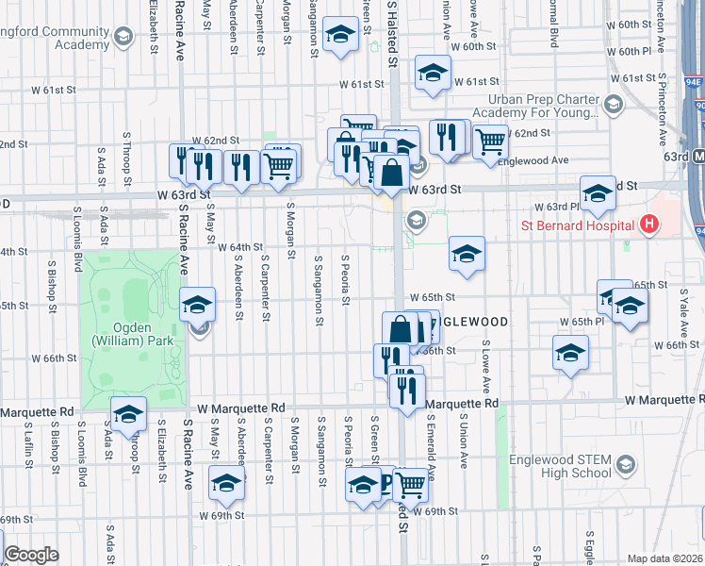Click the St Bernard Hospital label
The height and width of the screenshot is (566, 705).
579,225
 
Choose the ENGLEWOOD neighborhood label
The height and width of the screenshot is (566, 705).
468,322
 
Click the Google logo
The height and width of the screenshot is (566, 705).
31,555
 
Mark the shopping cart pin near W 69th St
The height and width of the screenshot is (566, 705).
410,485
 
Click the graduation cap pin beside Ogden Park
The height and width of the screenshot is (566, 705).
198,305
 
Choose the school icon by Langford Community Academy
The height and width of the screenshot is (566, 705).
122,38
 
